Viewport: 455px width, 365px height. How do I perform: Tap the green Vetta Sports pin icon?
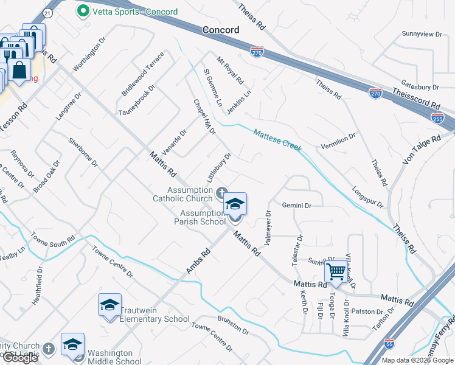click(82, 12)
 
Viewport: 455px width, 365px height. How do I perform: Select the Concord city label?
click(221, 29)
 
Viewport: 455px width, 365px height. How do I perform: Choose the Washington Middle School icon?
click(72, 344)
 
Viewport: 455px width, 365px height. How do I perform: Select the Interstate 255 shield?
click(437, 119)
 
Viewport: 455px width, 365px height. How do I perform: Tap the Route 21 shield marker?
click(49, 13)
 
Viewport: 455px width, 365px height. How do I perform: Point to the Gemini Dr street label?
click(296, 206)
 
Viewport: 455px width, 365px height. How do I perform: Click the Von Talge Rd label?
click(422, 149)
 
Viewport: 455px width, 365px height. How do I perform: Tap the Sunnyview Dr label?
click(422, 34)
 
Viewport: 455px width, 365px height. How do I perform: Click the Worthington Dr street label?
click(89, 53)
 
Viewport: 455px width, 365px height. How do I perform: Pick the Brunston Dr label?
click(233, 325)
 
